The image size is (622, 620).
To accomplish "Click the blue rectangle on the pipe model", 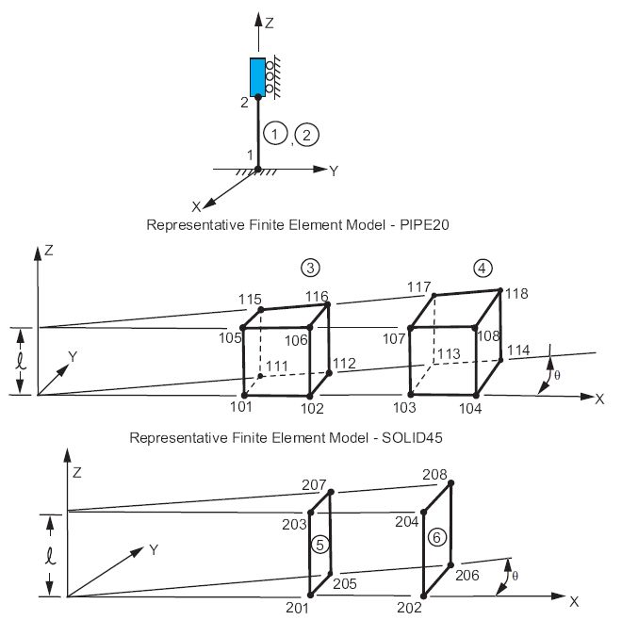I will coord(257,75).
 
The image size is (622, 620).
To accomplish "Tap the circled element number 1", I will coord(274,134).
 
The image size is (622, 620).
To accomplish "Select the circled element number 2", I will coord(307,134).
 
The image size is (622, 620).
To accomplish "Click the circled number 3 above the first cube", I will coord(309,267).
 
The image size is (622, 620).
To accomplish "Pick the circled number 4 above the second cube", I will coord(483,268).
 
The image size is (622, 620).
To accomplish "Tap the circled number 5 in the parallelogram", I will coord(319,544).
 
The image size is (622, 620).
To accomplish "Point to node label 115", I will coord(249,299).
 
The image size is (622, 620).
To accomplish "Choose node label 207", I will coord(314,484).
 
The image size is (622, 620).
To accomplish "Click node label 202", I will coord(411,608).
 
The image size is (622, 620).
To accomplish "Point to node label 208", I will coord(435,475).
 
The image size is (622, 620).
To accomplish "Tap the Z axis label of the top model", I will coord(270,20).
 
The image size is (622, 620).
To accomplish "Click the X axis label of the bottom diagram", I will coord(574,599).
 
